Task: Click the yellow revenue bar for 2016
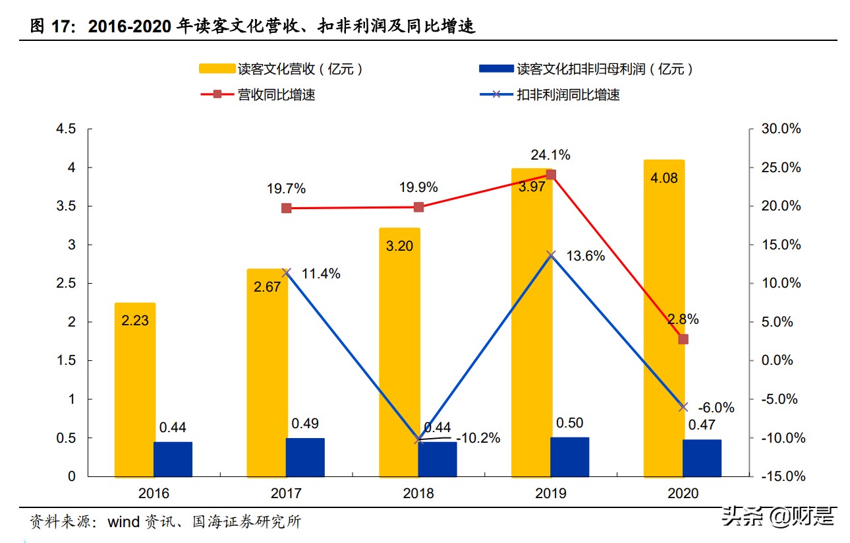(x=135, y=389)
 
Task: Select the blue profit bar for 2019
(x=570, y=457)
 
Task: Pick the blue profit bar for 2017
(x=305, y=457)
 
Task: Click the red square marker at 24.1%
(x=551, y=175)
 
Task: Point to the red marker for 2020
(x=683, y=339)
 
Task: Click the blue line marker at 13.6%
(x=552, y=255)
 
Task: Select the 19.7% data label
(x=286, y=189)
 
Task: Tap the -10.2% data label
(x=478, y=438)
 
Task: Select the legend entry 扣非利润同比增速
(x=568, y=95)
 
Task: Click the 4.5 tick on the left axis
(x=67, y=129)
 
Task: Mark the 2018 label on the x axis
(x=418, y=494)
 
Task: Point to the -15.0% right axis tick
(x=780, y=476)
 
